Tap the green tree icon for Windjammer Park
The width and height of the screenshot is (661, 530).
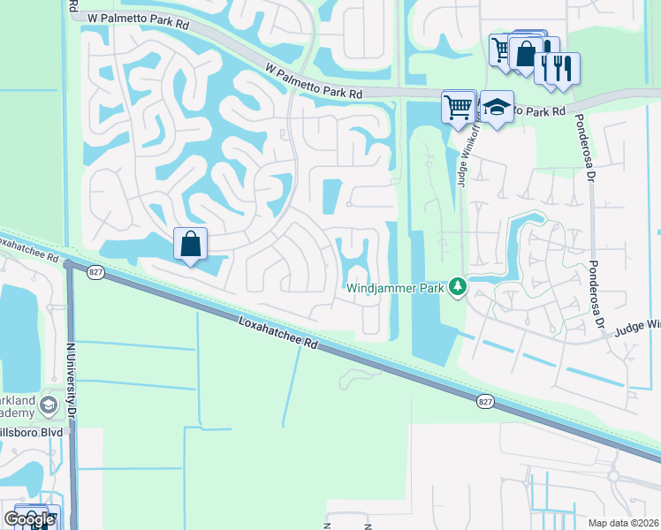[457, 286]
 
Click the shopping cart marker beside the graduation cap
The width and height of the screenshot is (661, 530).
[459, 108]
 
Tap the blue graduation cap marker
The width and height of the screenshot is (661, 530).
[498, 108]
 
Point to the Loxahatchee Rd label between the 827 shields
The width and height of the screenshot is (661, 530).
[277, 335]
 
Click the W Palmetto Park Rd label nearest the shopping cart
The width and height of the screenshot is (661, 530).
[314, 80]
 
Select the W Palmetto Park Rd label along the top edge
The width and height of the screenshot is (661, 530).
[132, 19]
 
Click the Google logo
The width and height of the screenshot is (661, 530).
[28, 519]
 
